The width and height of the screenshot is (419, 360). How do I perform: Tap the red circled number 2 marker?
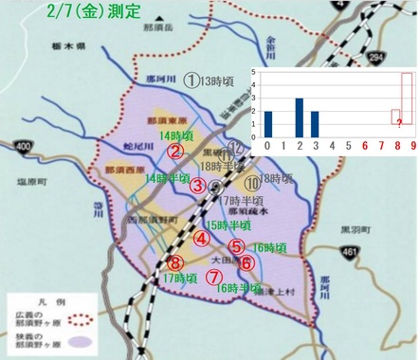(x=174, y=151)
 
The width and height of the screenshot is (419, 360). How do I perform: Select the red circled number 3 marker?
(x=198, y=186)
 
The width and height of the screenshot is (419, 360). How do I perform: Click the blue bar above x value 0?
(x=268, y=123)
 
